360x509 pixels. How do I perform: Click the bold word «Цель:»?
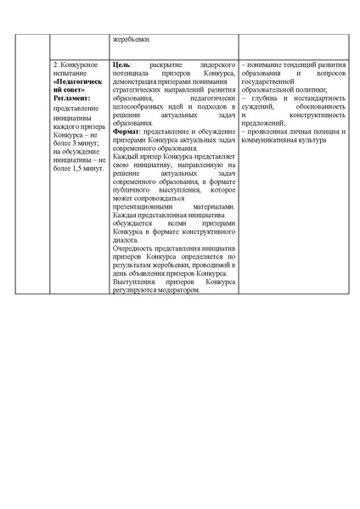(121, 64)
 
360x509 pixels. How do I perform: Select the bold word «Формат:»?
(127, 155)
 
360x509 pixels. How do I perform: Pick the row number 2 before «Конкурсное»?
(55, 64)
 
